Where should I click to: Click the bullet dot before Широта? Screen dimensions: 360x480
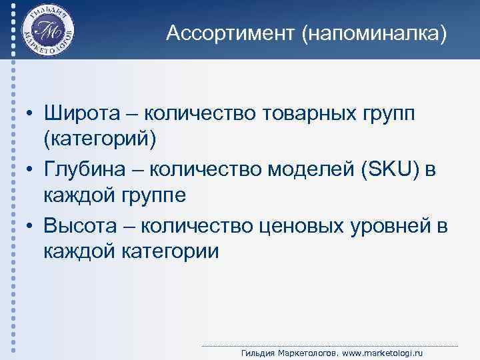(x=31, y=115)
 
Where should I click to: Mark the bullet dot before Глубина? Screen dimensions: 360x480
(x=31, y=171)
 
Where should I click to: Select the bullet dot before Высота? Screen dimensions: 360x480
(x=31, y=227)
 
